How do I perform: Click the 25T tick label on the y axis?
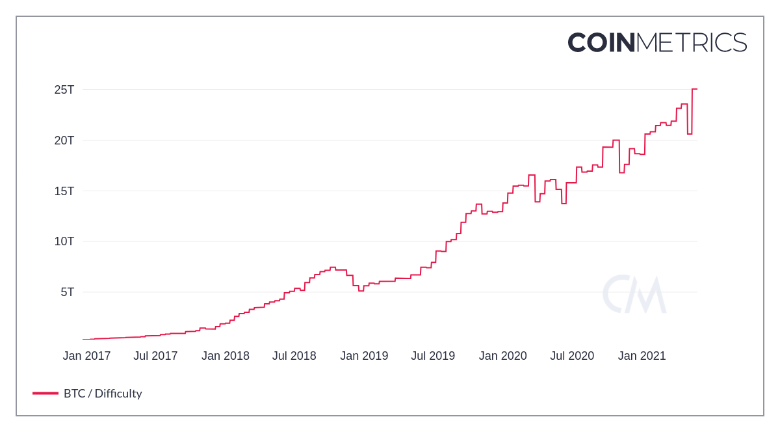point(64,90)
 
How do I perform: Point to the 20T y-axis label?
point(64,141)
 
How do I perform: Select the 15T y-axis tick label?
point(64,191)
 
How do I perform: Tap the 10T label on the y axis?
point(64,241)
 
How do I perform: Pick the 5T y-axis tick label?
point(68,292)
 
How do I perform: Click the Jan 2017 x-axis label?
point(86,356)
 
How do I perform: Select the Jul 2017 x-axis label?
point(155,356)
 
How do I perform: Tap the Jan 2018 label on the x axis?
point(226,356)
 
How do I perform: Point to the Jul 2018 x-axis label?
point(294,356)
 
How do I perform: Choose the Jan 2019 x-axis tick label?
point(364,356)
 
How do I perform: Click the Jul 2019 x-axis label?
point(433,356)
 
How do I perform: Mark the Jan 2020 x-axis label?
point(503,356)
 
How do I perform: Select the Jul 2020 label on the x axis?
point(572,356)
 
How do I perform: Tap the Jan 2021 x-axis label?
point(642,356)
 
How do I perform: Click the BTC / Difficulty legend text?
point(103,394)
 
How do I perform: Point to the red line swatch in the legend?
point(45,394)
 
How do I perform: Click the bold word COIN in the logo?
point(601,43)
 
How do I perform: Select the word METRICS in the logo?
point(692,43)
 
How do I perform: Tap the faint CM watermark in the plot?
point(634,295)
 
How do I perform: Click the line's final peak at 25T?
point(695,89)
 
